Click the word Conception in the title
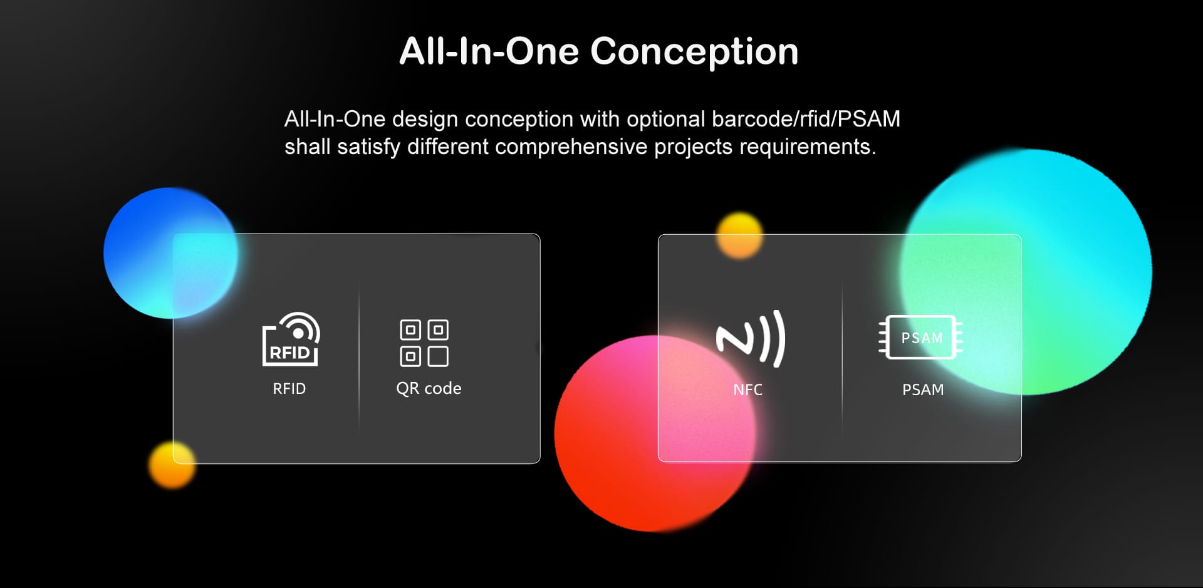694,51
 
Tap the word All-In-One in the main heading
489,51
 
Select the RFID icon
291,339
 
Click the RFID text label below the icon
289,389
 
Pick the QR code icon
424,343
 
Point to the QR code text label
429,389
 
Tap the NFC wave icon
751,339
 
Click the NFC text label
747,389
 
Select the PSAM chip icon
920,338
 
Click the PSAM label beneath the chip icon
923,389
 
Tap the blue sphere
170,253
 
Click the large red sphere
655,433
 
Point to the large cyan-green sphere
1026,272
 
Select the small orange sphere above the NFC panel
740,235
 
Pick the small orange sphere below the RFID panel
172,465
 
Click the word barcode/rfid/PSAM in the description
806,119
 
